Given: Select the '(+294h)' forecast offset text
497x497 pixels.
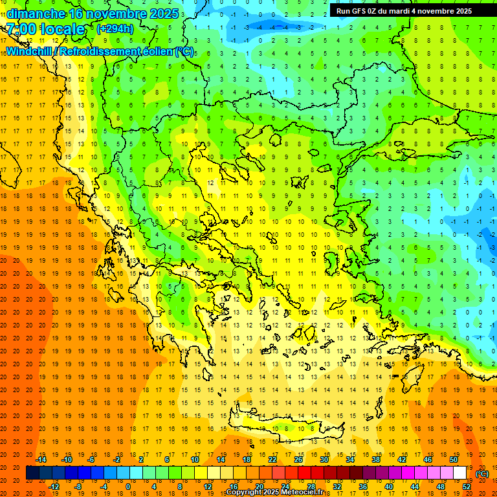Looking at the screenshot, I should tap(115, 28).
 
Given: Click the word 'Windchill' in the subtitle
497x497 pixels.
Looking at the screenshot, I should tap(29, 51).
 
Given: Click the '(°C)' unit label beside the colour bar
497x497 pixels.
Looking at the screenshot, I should tap(482, 474).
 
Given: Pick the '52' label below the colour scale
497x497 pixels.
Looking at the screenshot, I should tap(467, 487).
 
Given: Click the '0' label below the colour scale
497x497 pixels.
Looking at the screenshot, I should tap(128, 487).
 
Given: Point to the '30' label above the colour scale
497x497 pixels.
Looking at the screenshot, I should tap(324, 459).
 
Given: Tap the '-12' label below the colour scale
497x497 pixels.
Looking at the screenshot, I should tap(54, 487).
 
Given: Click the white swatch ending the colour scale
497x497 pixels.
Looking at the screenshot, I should tap(460, 473).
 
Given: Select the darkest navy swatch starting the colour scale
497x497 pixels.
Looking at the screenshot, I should tap(32, 473).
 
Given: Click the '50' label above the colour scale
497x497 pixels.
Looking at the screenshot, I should tap(454, 459).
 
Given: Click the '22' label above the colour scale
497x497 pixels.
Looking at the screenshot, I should tap(272, 459).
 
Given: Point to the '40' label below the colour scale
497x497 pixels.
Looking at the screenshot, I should tap(389, 487).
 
